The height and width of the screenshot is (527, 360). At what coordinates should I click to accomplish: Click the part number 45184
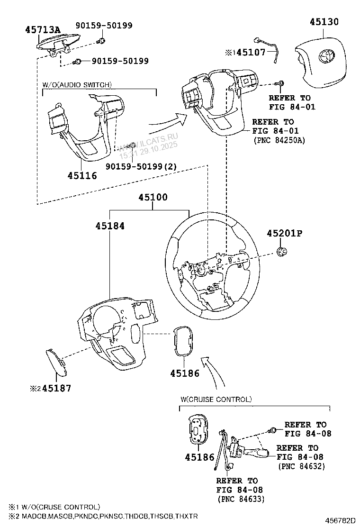pyautogui.click(x=109, y=226)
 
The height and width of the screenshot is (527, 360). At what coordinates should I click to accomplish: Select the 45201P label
pyautogui.click(x=284, y=234)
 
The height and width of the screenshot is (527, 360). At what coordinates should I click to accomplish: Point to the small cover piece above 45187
pyautogui.click(x=56, y=362)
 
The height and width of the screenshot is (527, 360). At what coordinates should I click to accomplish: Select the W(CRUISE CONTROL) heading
pyautogui.click(x=216, y=400)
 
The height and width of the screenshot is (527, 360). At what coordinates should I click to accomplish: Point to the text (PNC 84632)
pyautogui.click(x=301, y=466)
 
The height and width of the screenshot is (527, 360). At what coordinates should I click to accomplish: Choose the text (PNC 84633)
pyautogui.click(x=241, y=499)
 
